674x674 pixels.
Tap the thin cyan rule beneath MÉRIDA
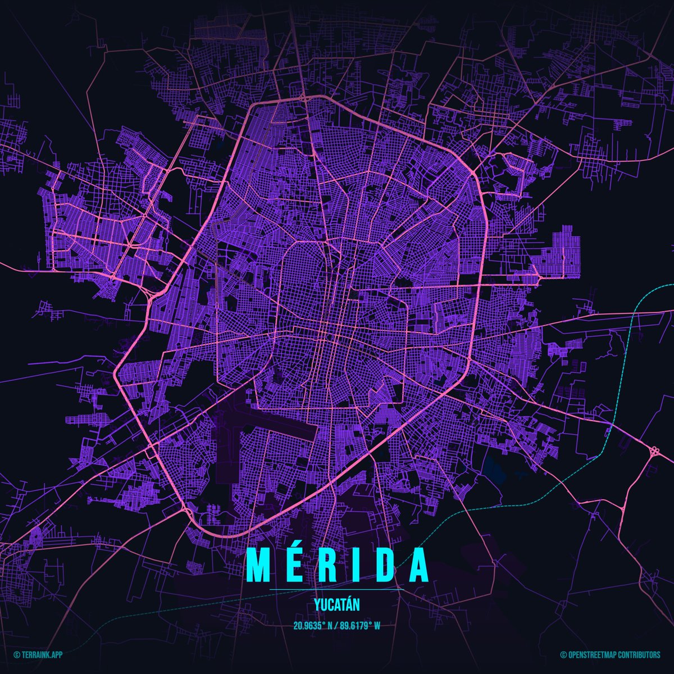337,589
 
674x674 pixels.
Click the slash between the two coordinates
336,626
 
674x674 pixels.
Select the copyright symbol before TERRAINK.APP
16,655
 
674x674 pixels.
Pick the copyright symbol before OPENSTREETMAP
563,655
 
